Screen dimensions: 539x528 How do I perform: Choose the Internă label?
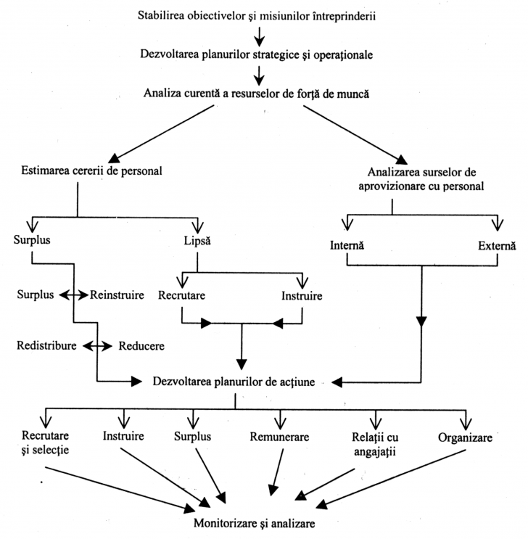click(345, 246)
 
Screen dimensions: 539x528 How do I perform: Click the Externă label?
click(497, 246)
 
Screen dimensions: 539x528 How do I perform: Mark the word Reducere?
click(142, 345)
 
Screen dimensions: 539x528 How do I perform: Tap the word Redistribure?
click(46, 345)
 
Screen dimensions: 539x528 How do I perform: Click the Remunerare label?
click(280, 437)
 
